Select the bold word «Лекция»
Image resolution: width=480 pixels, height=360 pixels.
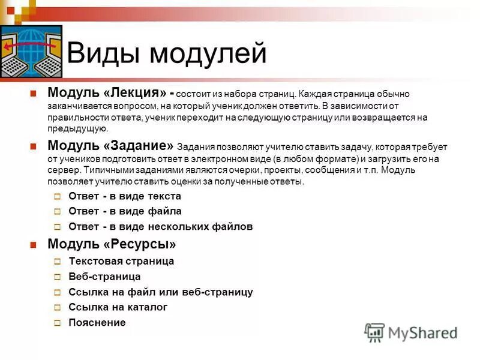(134, 94)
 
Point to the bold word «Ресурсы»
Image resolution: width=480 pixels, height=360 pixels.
(142, 244)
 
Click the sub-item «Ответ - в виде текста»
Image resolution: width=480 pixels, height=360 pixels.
(125, 196)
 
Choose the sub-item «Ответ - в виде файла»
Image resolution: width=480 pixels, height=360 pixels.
(125, 211)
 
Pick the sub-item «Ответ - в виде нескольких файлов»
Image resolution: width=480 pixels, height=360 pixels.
(161, 227)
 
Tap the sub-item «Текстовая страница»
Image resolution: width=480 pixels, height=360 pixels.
(121, 261)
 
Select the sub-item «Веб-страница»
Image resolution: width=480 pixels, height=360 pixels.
(104, 277)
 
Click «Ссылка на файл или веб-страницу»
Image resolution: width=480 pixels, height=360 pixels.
(161, 292)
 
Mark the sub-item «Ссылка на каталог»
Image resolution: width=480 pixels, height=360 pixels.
(118, 307)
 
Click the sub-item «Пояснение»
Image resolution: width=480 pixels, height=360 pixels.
(97, 323)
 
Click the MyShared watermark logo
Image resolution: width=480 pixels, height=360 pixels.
(411, 332)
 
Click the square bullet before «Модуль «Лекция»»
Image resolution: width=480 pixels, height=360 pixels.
(34, 94)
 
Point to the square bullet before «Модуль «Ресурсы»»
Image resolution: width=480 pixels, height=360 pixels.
(34, 244)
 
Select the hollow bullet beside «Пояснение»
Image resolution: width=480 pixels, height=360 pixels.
(57, 323)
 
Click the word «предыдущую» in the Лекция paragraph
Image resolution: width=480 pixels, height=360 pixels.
(78, 128)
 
